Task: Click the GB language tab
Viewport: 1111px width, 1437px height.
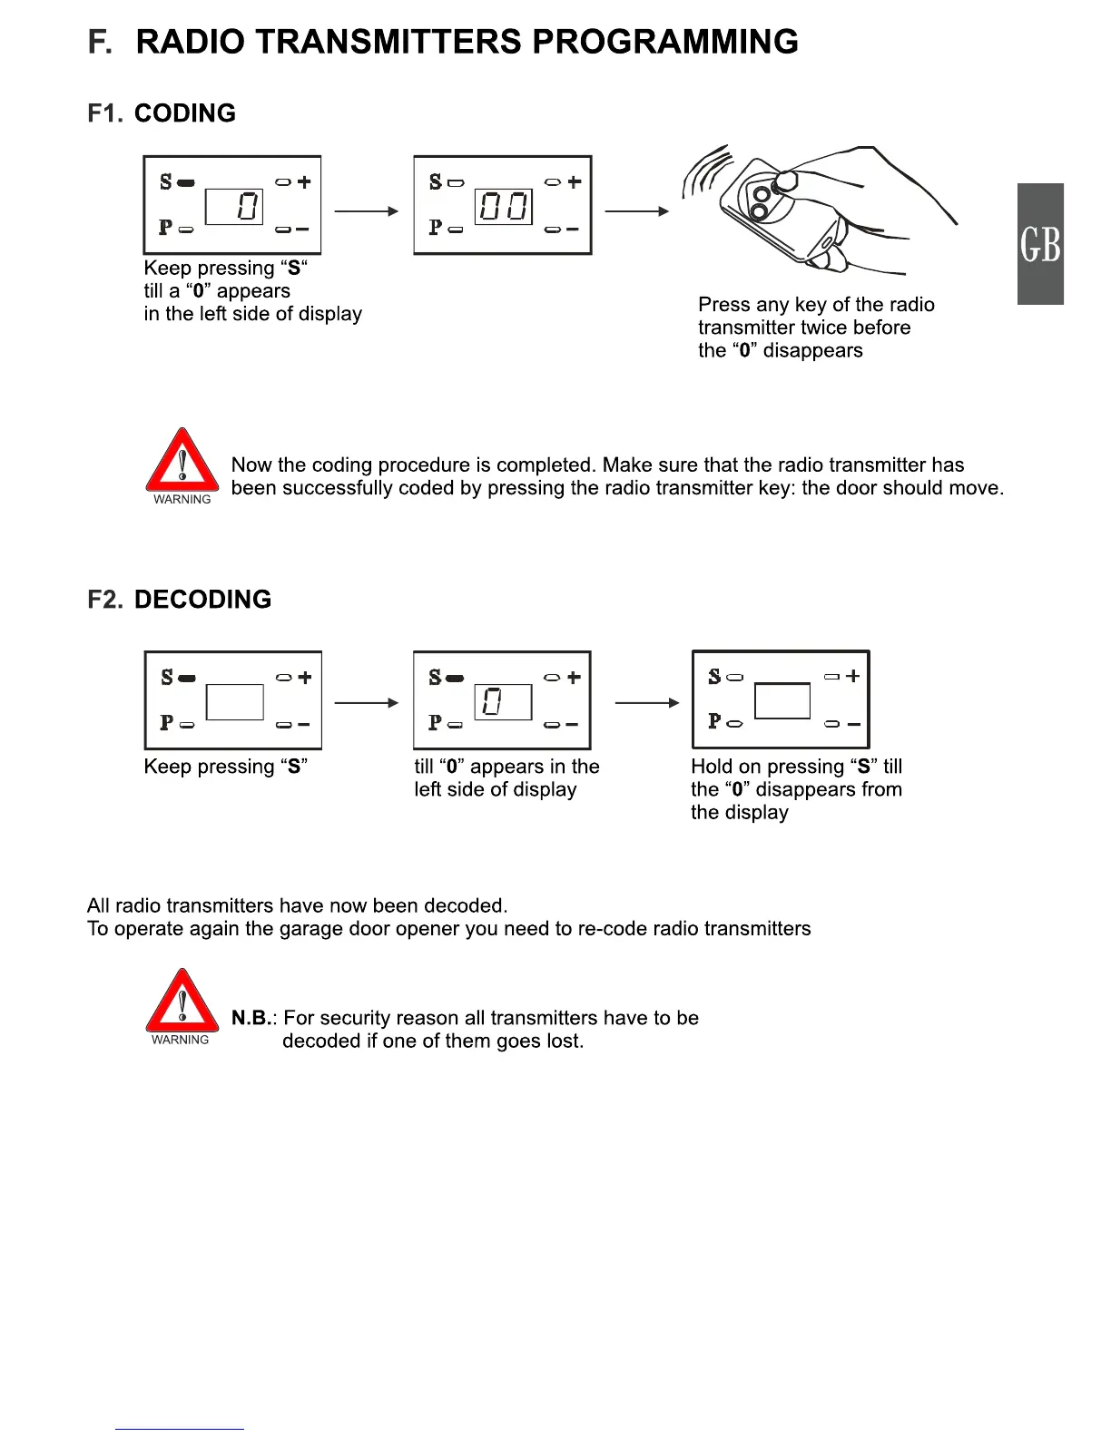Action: click(1039, 244)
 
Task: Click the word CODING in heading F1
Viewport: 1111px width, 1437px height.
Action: click(185, 113)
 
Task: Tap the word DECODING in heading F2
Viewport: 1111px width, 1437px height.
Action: click(202, 600)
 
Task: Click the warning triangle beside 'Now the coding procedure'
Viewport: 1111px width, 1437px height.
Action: click(182, 462)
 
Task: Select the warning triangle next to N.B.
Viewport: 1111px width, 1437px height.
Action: click(182, 1002)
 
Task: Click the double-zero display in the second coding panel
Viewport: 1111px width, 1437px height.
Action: click(503, 207)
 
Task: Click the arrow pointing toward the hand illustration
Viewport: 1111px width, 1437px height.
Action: click(636, 211)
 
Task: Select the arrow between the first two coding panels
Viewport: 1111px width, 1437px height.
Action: click(366, 211)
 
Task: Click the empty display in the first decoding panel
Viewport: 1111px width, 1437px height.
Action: click(234, 701)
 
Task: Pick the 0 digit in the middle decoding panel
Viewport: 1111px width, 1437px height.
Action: click(492, 701)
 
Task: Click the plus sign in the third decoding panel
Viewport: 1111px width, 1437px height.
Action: click(852, 676)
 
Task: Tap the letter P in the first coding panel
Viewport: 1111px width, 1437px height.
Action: click(165, 228)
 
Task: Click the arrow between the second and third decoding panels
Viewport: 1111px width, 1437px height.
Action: click(646, 703)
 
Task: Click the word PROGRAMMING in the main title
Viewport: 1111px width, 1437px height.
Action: click(664, 43)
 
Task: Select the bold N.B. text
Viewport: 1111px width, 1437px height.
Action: click(251, 1018)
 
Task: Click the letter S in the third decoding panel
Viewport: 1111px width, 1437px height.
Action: click(714, 676)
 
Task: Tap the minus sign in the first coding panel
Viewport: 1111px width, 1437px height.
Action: click(303, 230)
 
